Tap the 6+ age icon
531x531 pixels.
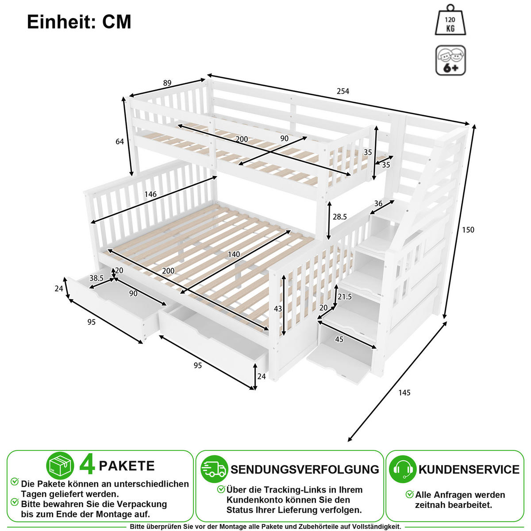pyautogui.click(x=450, y=60)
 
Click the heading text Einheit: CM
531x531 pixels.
pyautogui.click(x=79, y=22)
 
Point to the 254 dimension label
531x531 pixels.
pyautogui.click(x=343, y=91)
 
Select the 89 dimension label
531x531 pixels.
pyautogui.click(x=167, y=83)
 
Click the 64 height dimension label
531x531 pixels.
pyautogui.click(x=119, y=141)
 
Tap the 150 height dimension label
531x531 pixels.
pyautogui.click(x=468, y=230)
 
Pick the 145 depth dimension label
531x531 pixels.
pyautogui.click(x=404, y=392)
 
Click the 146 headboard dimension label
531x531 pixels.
pyautogui.click(x=150, y=194)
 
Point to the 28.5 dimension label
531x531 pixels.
pyautogui.click(x=340, y=217)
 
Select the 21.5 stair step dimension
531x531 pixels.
pyautogui.click(x=345, y=296)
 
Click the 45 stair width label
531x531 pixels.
pyautogui.click(x=339, y=339)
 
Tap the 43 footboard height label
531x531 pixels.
pyautogui.click(x=278, y=308)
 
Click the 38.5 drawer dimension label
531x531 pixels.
pyautogui.click(x=96, y=278)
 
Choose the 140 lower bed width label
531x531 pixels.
pyautogui.click(x=234, y=254)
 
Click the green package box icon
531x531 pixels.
pyautogui.click(x=60, y=466)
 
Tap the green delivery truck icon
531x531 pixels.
pyautogui.click(x=214, y=469)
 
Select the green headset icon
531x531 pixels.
pyautogui.click(x=403, y=469)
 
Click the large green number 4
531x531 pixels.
pyautogui.click(x=87, y=466)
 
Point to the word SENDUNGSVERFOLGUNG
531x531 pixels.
pyautogui.click(x=305, y=469)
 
